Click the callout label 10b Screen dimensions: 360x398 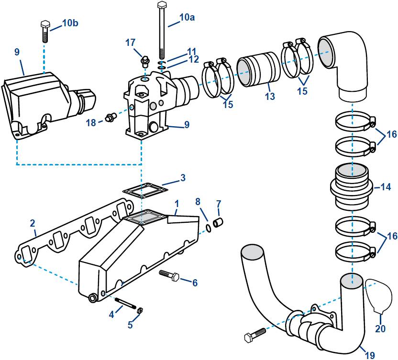pos(71,22)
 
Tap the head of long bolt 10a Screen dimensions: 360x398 pos(161,5)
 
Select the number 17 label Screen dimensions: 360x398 pos(130,43)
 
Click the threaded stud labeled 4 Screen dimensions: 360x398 pos(125,304)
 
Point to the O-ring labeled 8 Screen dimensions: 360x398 pos(209,228)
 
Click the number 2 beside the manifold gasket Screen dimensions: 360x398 pos(33,223)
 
